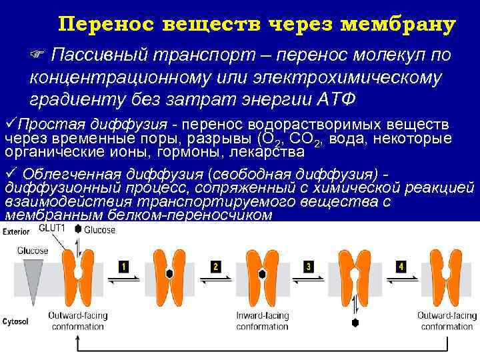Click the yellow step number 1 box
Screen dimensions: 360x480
tap(123, 267)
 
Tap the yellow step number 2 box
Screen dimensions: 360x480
tap(215, 267)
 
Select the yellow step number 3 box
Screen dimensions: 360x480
tap(309, 267)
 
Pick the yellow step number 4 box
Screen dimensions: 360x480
tap(401, 267)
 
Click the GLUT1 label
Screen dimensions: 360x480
tap(52, 228)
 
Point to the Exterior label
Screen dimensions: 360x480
tap(15, 232)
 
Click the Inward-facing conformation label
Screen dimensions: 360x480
tap(262, 321)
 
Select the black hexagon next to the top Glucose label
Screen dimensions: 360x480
tap(78, 229)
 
